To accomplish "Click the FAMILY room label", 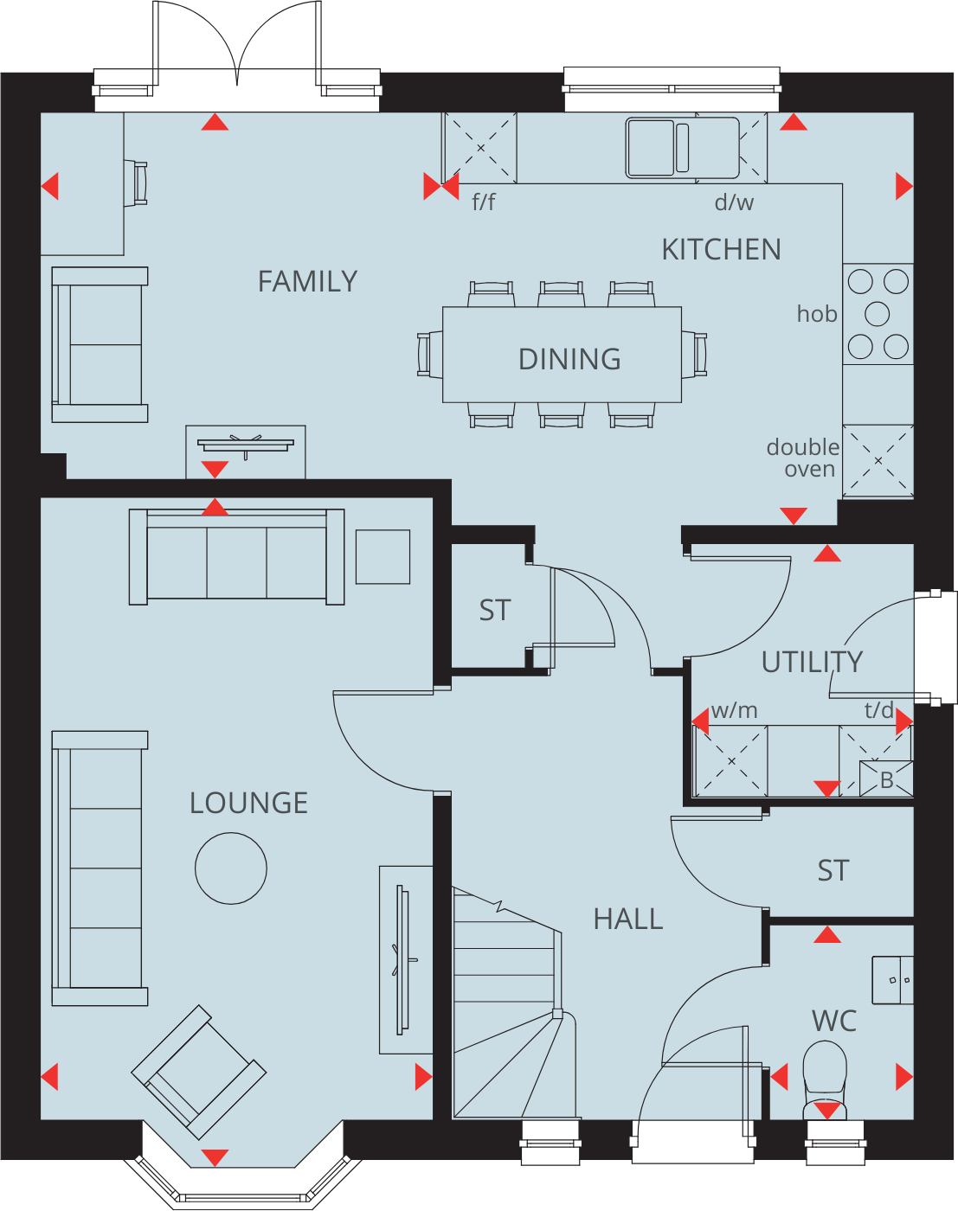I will point(307,281).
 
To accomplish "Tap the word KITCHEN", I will point(721,249).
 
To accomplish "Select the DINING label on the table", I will point(569,359).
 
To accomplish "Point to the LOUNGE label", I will point(248,803).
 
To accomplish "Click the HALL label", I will point(628,919).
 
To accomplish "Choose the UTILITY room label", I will point(812,662).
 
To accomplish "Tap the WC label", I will point(834,1021).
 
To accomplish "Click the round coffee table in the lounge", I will point(231,868).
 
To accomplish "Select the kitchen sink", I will point(651,148).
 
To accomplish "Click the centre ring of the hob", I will point(878,313).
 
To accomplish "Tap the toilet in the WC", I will point(825,1077).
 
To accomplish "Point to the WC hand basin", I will point(893,980).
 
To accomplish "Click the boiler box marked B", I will point(886,779).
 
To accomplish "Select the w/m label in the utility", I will point(734,710).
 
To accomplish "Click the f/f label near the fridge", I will point(484,202).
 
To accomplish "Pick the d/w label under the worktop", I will point(734,202).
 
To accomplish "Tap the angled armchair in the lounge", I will point(198,1072).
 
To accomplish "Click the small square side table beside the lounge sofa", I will point(383,556).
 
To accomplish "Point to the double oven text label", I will point(803,458).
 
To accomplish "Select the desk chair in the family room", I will point(138,183).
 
